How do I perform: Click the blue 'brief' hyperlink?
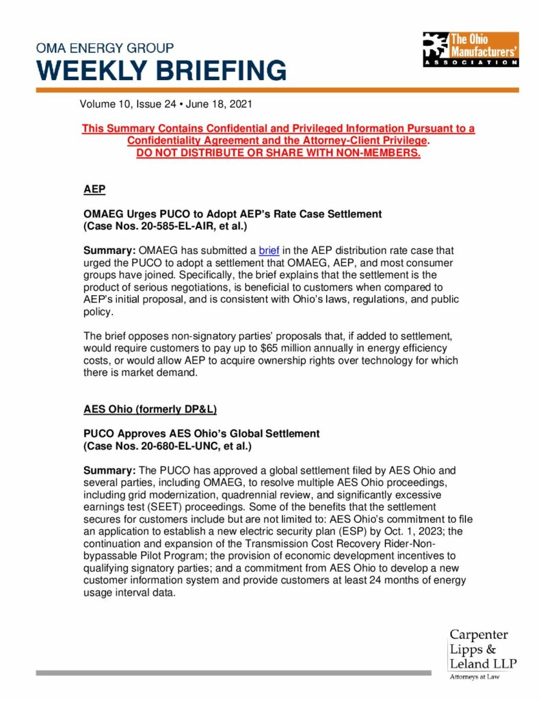coord(269,251)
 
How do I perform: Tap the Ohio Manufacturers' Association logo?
coord(470,48)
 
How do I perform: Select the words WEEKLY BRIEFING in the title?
coord(161,71)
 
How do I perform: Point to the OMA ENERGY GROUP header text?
coord(105,49)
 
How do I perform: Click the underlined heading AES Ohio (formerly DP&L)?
coord(150,409)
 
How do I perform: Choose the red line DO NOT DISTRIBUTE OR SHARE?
coord(278,153)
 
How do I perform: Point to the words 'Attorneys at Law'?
coord(474,677)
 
